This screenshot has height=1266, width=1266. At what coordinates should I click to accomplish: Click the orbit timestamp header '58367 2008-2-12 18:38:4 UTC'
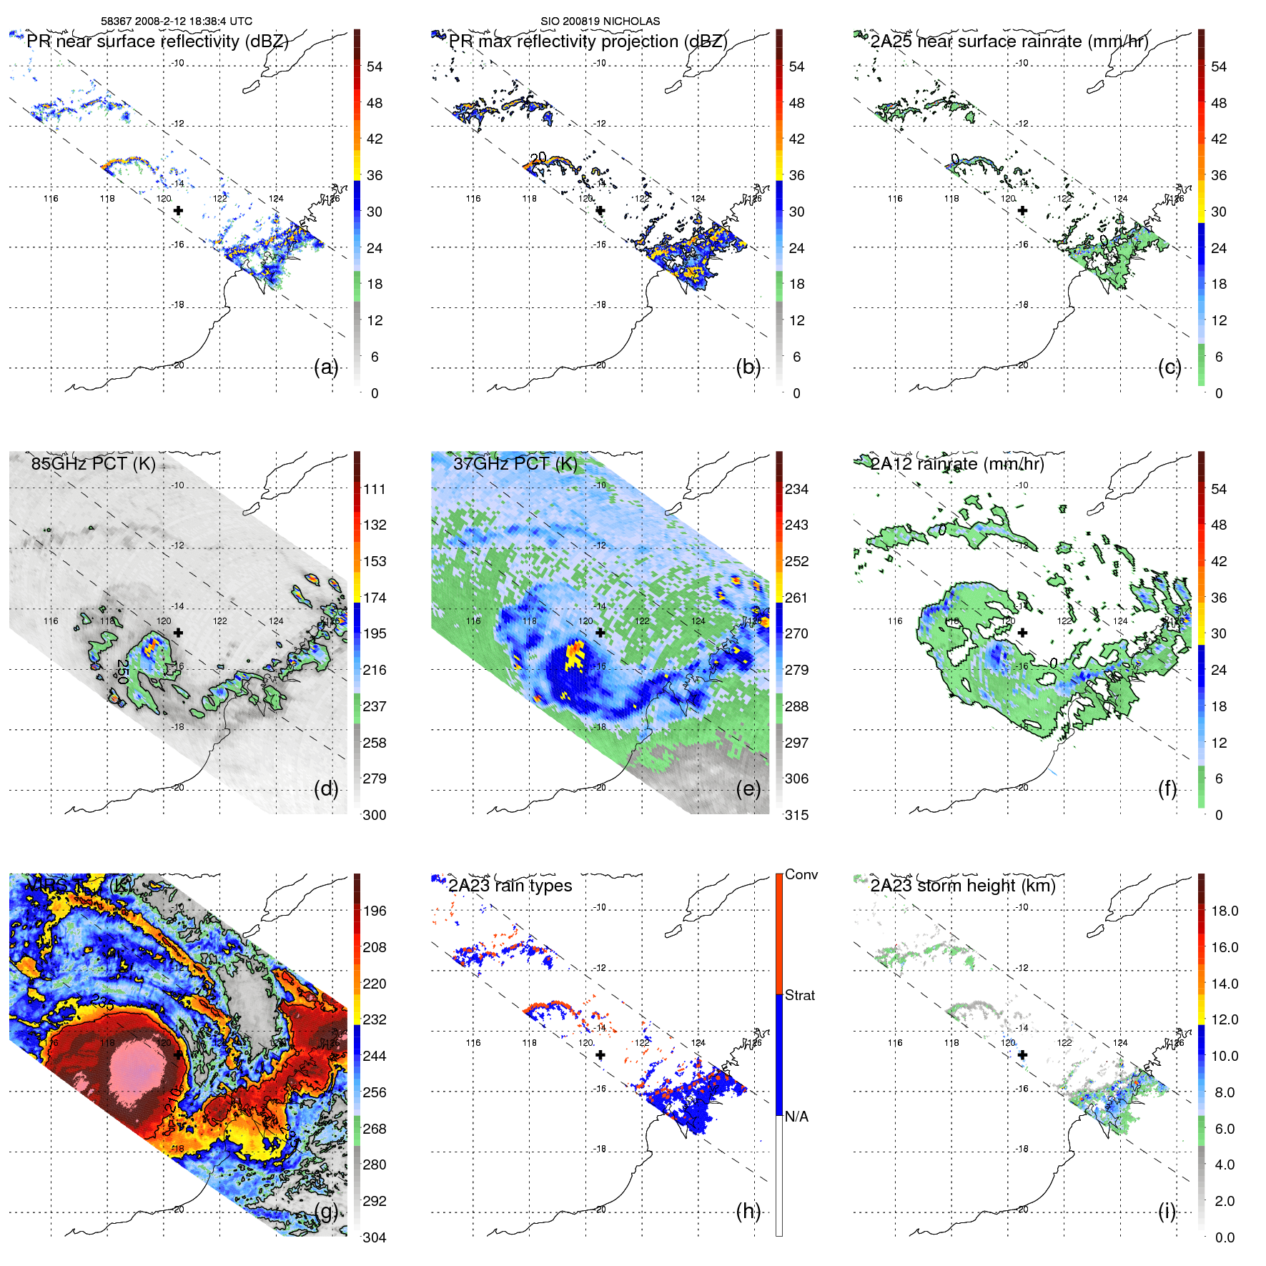tap(176, 21)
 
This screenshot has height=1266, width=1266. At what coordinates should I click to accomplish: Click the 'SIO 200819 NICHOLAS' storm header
tap(600, 21)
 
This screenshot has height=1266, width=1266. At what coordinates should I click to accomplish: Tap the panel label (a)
tap(325, 367)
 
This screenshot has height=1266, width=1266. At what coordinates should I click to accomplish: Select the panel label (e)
tap(748, 789)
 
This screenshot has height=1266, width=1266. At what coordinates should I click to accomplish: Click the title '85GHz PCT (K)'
tap(93, 463)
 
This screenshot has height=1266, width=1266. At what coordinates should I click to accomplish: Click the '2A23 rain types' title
tap(510, 886)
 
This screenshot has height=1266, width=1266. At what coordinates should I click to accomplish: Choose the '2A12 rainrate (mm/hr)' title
tap(956, 464)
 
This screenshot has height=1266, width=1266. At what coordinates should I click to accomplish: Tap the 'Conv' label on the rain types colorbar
tap(801, 874)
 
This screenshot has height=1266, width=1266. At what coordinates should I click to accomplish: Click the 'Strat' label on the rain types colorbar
tap(799, 995)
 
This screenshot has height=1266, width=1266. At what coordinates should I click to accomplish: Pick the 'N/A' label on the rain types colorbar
tap(796, 1117)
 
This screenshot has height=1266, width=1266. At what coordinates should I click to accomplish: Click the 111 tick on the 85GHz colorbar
tap(375, 489)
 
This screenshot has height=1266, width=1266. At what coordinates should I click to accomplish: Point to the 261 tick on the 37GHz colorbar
tap(796, 598)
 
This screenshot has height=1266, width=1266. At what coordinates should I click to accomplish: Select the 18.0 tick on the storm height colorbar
tap(1224, 911)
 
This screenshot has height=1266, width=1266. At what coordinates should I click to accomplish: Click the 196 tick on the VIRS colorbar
tap(375, 911)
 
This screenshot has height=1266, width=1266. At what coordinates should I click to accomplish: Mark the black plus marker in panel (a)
tap(178, 211)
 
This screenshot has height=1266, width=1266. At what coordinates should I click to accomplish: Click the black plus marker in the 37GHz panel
tap(600, 633)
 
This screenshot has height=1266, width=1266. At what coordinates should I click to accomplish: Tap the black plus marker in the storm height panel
tap(1022, 1055)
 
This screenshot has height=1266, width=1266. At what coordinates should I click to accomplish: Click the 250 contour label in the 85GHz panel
tap(122, 671)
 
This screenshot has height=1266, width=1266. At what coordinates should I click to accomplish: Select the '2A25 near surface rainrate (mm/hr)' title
tap(1009, 41)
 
